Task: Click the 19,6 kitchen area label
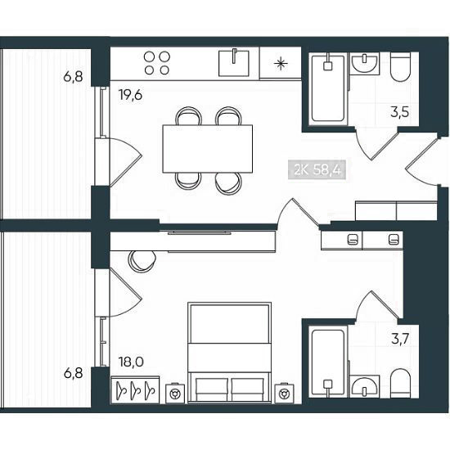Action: point(131,95)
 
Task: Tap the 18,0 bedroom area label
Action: point(131,362)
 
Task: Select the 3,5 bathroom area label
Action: point(399,112)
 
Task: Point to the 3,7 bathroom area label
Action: point(400,340)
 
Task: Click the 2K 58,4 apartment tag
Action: point(317,170)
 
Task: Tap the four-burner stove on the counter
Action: point(157,63)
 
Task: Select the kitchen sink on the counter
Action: point(234,63)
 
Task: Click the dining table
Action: point(208,149)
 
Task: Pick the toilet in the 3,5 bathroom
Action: point(400,67)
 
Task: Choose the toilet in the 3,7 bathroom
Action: point(401,383)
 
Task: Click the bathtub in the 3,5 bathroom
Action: point(328,88)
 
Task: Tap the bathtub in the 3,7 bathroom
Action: point(328,362)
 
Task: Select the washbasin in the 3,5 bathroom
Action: point(364,64)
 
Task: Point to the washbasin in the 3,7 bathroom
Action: point(364,386)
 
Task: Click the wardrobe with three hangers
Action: point(135,389)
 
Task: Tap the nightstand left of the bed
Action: point(176,393)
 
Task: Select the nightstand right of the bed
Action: point(284,393)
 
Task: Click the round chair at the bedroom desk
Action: point(142,261)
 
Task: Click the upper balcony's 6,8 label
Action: point(73,77)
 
